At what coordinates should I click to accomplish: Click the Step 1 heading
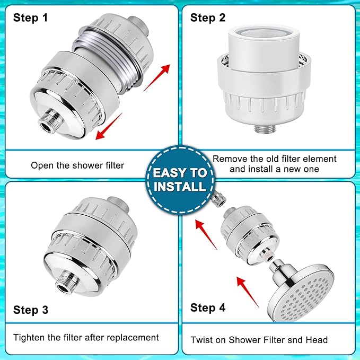[30, 18]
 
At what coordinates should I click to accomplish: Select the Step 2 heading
[208, 18]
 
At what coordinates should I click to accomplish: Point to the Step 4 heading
[208, 308]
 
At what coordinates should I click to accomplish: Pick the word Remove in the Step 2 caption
[230, 159]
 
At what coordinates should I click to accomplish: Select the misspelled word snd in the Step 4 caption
[290, 340]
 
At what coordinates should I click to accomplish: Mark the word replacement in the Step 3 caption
[133, 337]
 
